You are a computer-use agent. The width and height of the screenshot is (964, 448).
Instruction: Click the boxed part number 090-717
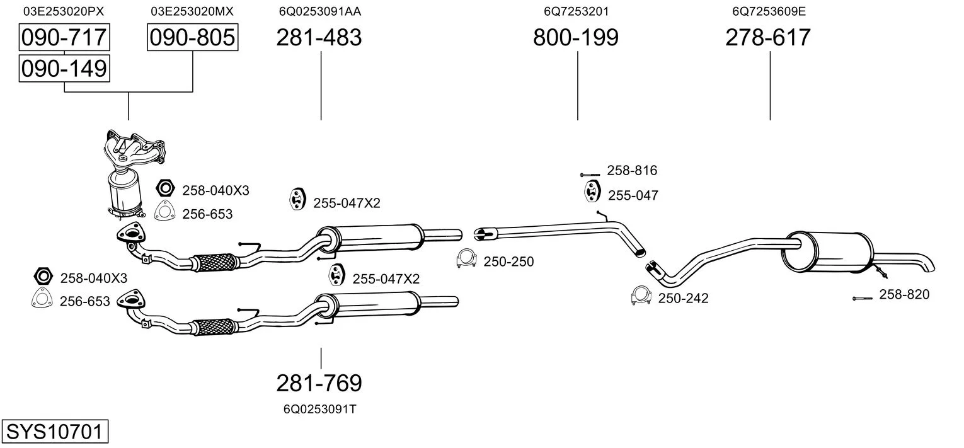(64, 38)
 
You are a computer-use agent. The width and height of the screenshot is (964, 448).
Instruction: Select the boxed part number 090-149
(64, 68)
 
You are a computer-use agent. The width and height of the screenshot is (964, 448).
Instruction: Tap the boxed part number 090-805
(192, 38)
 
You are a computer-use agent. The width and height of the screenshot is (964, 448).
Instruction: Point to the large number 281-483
(319, 38)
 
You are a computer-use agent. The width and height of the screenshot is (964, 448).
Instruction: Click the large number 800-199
(576, 38)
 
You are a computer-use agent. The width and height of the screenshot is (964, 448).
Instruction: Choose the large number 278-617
(768, 38)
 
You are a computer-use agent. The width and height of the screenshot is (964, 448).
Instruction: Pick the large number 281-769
(319, 382)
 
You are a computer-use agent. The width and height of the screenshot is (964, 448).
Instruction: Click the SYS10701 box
(54, 432)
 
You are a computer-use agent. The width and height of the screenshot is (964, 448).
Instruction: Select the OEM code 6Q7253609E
(769, 11)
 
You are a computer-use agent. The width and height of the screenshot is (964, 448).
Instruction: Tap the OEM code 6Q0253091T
(320, 409)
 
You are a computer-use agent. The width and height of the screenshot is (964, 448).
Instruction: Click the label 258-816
(632, 170)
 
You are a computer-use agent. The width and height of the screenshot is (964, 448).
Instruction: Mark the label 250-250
(508, 261)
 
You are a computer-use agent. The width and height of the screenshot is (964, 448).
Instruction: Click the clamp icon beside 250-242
(640, 296)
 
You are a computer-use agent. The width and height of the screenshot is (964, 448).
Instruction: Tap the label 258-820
(904, 294)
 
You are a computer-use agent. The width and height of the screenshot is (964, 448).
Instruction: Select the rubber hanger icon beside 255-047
(592, 192)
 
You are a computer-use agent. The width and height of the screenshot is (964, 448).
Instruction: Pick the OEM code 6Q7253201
(577, 11)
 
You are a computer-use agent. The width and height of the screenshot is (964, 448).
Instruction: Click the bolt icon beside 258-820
(862, 298)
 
